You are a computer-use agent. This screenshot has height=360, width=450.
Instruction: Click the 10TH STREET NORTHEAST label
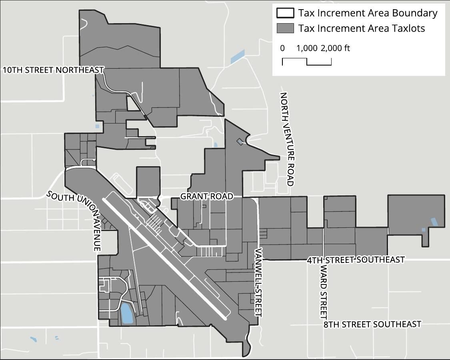53,70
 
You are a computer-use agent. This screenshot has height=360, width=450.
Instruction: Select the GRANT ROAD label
206,197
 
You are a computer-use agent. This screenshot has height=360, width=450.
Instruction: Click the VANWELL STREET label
258,283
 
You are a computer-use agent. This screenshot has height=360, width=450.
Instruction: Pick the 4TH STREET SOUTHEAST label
356,260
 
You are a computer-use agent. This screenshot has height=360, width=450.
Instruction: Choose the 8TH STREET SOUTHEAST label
372,324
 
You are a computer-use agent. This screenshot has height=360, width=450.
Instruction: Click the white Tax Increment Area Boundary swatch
285,13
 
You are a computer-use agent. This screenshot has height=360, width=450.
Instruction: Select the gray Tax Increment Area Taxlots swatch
285,28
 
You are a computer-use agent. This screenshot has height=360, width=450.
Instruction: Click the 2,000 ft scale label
335,48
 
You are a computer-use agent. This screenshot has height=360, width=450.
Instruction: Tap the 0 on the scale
282,48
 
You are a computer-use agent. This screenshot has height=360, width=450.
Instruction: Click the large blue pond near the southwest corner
126,314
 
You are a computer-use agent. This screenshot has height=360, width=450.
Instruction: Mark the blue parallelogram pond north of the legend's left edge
238,57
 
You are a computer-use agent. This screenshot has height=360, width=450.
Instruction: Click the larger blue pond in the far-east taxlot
434,222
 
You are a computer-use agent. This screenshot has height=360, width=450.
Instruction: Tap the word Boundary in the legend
414,13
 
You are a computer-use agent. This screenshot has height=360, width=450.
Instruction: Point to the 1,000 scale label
306,48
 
